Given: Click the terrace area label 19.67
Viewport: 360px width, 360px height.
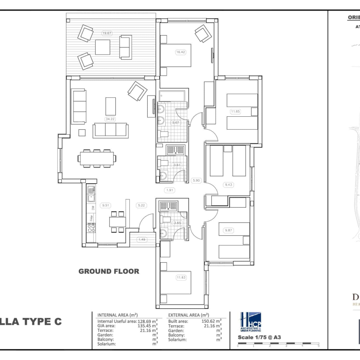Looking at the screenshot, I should (x=107, y=33).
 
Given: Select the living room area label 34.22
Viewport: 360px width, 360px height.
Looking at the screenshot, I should (x=110, y=119).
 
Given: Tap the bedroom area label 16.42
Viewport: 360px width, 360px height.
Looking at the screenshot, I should (x=180, y=52).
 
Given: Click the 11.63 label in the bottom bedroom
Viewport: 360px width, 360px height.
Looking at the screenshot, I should (x=181, y=277).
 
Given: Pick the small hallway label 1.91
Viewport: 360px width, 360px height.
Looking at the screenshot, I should (x=170, y=190).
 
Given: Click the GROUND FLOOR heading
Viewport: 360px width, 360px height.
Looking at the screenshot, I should (x=108, y=271).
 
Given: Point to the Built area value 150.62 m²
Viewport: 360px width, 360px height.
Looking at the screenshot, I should (x=212, y=320).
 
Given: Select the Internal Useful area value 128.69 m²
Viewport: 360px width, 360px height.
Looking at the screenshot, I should (x=148, y=320).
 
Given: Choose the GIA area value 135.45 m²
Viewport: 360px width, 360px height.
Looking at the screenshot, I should (x=148, y=325).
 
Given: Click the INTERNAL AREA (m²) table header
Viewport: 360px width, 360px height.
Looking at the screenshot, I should (x=118, y=314).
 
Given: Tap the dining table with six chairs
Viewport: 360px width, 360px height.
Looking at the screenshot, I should (x=97, y=158).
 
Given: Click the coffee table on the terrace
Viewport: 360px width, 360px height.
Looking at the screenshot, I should (x=102, y=47).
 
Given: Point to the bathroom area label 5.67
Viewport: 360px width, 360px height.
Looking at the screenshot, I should (x=175, y=123).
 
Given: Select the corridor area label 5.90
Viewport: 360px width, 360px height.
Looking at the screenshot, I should (x=196, y=180).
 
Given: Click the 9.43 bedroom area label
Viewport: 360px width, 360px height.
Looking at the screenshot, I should (x=228, y=185).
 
